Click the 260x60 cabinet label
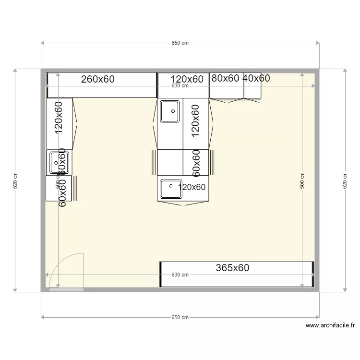click(x=98, y=79)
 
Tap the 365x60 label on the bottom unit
click(x=232, y=268)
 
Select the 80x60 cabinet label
click(x=225, y=78)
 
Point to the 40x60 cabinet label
click(x=256, y=78)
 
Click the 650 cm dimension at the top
click(x=180, y=43)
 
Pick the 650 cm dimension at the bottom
click(x=180, y=317)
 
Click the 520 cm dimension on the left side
click(x=15, y=180)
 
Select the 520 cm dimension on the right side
click(x=345, y=180)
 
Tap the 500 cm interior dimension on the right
click(x=302, y=180)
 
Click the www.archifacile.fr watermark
click(x=331, y=325)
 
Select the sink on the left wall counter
click(x=59, y=162)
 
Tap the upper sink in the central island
click(x=169, y=111)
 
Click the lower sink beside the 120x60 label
click(x=169, y=189)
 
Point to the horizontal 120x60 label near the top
click(x=187, y=79)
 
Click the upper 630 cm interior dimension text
click(x=180, y=86)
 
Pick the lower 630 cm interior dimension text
click(x=180, y=275)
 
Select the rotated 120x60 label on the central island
click(x=195, y=121)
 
